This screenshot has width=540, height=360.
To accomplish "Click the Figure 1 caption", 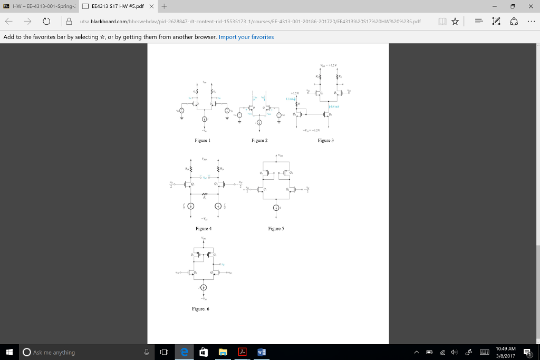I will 202,141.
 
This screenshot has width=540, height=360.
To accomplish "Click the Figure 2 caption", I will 259,141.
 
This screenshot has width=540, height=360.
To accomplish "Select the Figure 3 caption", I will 326,141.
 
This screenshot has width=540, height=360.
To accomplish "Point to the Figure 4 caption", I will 203,229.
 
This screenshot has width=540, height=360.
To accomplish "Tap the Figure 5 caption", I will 276,229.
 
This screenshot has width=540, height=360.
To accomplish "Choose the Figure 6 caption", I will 201,309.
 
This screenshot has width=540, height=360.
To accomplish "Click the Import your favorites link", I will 246,37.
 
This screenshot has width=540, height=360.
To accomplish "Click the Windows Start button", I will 9,352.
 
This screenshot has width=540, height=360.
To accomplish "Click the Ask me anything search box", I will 79,352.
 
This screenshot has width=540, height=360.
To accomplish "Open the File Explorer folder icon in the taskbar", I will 223,352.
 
